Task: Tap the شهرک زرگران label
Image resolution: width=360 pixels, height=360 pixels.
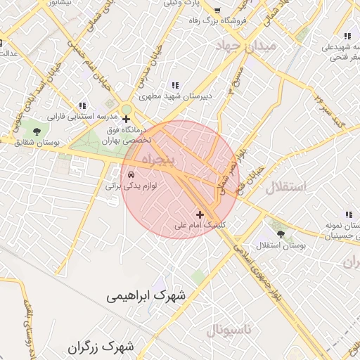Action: coord(102,347)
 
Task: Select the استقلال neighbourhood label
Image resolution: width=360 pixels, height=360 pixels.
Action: coord(286,187)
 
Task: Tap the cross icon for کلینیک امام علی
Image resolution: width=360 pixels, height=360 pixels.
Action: coord(200,214)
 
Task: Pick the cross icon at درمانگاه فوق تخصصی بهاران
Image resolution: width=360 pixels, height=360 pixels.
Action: coord(126,119)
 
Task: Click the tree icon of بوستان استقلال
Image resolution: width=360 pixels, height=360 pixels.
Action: coord(281,233)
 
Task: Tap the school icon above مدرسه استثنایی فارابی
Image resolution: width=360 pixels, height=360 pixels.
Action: coord(82,105)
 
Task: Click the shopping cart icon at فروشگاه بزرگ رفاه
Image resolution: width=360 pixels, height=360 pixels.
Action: coord(217,11)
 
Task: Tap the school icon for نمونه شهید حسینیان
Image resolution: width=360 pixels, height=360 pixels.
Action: coord(347,214)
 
